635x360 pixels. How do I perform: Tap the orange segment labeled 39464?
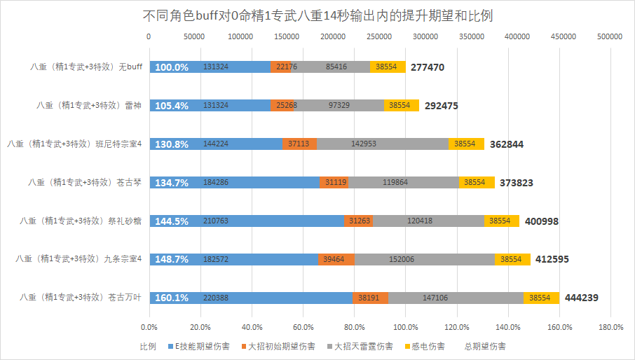coord(336,259)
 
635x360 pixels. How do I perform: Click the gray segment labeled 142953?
coord(383,144)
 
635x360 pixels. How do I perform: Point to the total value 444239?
coord(580,298)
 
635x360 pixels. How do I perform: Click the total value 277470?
coord(428,67)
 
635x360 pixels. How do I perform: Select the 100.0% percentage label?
coord(171,67)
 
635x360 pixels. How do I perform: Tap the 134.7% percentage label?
coord(171,182)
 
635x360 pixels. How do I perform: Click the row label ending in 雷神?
coord(90,106)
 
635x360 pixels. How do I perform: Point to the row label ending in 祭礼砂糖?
coord(81,221)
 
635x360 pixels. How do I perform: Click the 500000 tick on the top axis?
coord(609,36)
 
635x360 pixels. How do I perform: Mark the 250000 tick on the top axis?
coord(378,36)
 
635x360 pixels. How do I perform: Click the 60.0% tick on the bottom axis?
coord(303,327)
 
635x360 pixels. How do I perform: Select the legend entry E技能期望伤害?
coord(199,347)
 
